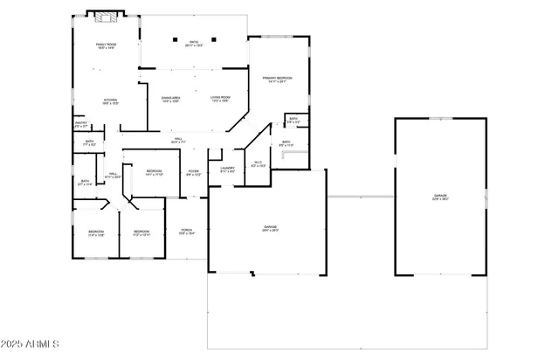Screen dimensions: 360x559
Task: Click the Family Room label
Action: (106, 45)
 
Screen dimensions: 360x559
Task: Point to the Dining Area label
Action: (170, 98)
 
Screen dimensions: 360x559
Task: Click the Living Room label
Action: (220, 98)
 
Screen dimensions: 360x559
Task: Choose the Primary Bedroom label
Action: (277, 79)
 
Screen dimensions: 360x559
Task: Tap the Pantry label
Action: (80, 124)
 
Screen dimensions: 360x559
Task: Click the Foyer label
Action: (193, 173)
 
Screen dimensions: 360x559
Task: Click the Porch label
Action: (187, 232)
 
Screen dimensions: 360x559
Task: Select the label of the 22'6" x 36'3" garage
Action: (440, 197)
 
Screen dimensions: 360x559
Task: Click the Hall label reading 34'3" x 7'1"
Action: (177, 140)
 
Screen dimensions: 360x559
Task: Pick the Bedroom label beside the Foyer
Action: (154, 172)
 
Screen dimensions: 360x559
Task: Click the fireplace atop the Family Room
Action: (106, 16)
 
